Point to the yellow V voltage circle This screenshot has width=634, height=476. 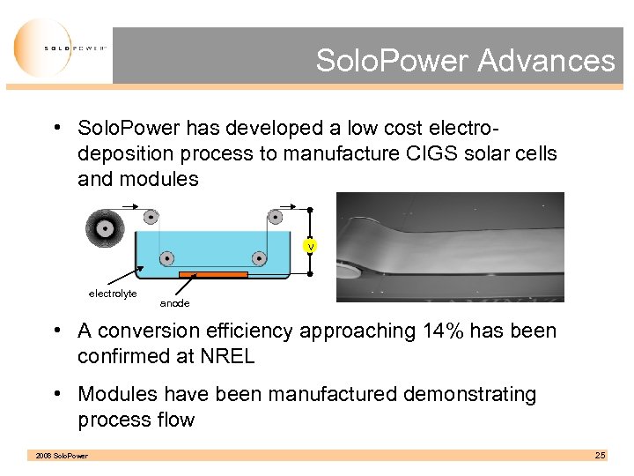pos(310,247)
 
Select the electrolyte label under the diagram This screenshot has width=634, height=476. pos(113,294)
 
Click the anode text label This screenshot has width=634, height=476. pos(174,303)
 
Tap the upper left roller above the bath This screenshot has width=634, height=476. pos(151,217)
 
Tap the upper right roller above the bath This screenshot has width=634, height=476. pos(275,217)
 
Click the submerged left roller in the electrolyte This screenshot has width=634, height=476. pos(166,258)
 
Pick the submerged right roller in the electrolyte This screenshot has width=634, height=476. pos(259,258)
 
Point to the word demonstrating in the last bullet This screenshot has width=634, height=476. pos(467,394)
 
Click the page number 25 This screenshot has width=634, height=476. pos(600,455)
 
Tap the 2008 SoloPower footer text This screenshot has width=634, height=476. pos(62,456)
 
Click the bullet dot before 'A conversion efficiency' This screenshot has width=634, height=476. pos(55,331)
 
